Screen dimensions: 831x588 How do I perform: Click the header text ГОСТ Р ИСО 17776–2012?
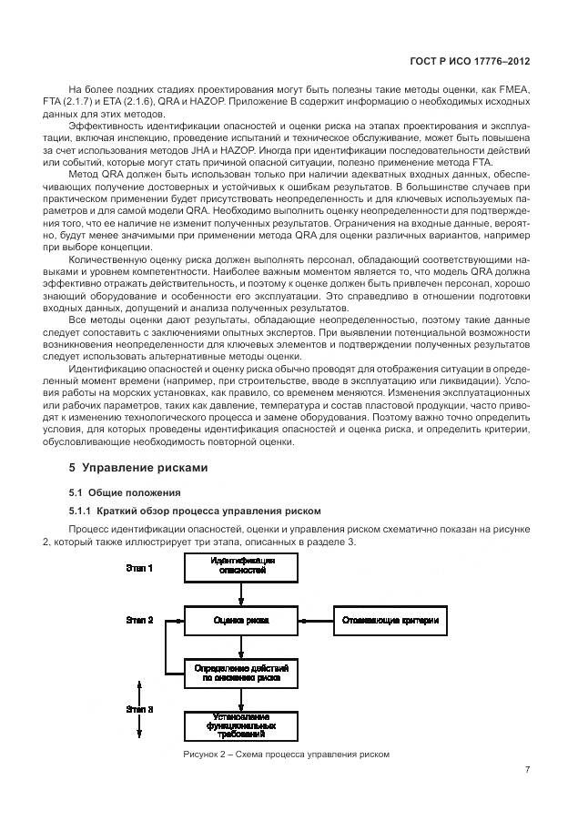471,61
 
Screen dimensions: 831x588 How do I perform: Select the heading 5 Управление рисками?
138,468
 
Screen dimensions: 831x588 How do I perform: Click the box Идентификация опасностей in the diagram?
240,569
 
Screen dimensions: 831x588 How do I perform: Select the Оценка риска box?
240,622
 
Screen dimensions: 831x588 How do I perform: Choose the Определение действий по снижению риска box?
240,674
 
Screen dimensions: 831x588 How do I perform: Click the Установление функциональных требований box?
240,725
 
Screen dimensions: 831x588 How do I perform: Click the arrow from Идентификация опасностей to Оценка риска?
240,595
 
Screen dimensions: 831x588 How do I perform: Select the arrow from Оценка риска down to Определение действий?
240,647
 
